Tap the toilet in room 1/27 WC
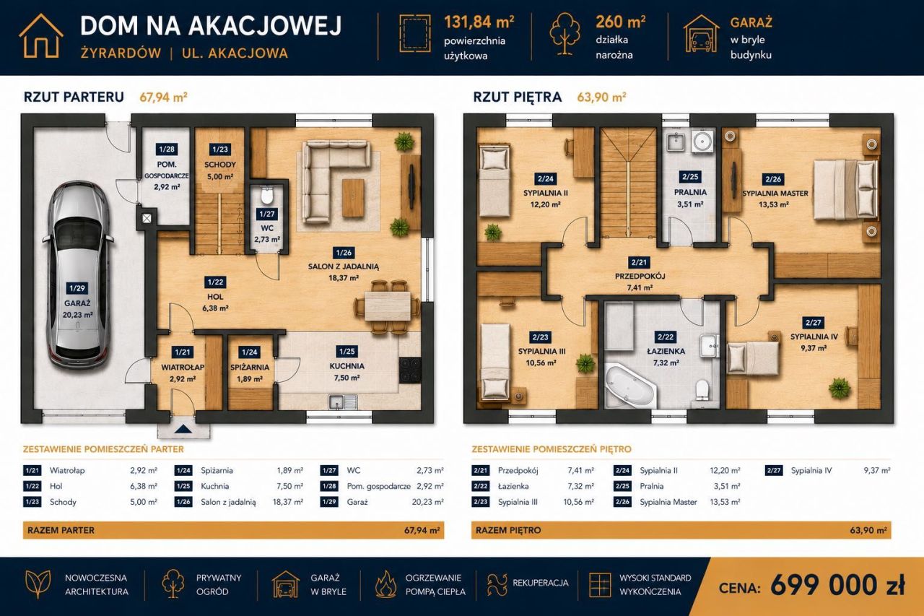[267, 196]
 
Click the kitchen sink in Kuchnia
[343, 402]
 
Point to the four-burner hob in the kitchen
[410, 370]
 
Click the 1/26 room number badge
[344, 253]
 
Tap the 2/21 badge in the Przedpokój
[639, 262]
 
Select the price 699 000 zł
[837, 585]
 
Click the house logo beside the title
[41, 35]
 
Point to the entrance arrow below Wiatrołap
[183, 430]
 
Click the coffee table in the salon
[354, 198]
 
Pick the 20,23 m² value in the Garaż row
[427, 502]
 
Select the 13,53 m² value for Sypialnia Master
[724, 502]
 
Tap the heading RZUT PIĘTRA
[518, 97]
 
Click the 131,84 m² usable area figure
[479, 22]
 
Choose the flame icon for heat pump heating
[385, 584]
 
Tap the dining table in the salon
[388, 305]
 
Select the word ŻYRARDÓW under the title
[121, 53]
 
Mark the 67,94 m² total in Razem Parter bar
[422, 531]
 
